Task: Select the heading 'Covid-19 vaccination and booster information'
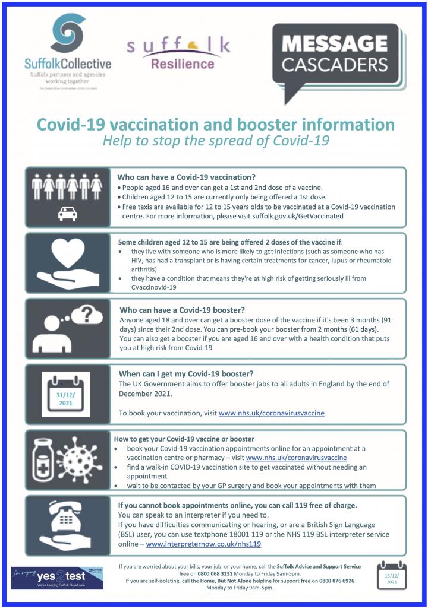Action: point(215,125)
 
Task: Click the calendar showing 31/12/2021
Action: point(66,394)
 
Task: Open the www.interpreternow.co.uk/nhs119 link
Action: point(203,544)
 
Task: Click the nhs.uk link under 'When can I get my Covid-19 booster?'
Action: point(271,413)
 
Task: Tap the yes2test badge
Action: point(57,577)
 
